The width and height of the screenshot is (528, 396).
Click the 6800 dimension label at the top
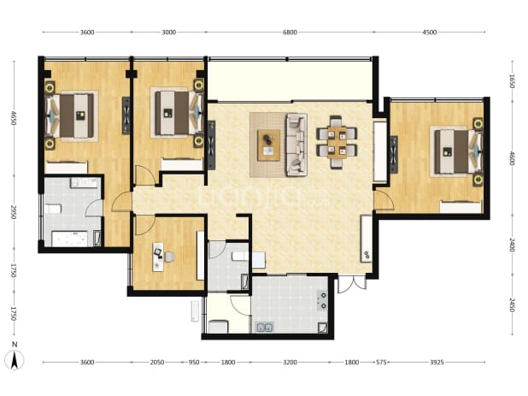tap(290, 33)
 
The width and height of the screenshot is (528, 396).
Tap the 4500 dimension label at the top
tap(430, 33)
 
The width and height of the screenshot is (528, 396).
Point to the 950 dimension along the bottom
tap(194, 363)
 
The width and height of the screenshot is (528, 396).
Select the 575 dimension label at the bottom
tap(381, 363)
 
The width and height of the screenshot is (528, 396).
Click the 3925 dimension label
tap(437, 363)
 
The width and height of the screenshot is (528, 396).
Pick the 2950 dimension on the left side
tap(14, 211)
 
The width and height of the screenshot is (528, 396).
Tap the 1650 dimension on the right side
tap(512, 81)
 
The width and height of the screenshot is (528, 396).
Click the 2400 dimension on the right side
tap(512, 245)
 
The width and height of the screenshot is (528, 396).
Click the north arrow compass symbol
tap(15, 359)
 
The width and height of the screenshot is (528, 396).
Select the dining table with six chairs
tap(337, 142)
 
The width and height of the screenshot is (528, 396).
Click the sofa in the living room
tap(296, 145)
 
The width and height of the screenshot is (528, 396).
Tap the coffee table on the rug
tap(268, 145)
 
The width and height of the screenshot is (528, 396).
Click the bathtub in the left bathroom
tap(70, 239)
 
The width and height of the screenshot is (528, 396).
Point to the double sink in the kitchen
tap(264, 327)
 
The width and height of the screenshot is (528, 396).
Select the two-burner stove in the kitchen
tap(323, 300)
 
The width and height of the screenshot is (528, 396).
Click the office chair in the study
tap(169, 257)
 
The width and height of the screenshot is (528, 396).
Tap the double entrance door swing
tap(352, 285)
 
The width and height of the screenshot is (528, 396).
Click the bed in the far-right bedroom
tap(458, 151)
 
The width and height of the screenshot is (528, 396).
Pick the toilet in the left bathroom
tap(53, 209)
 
